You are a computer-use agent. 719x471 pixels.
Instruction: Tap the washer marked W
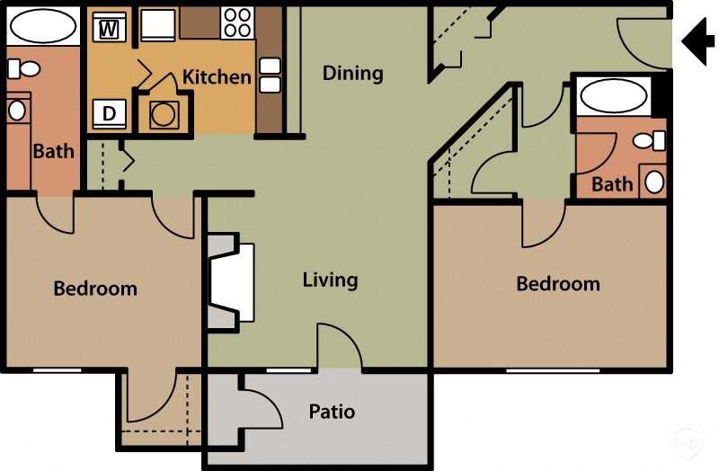click(109, 27)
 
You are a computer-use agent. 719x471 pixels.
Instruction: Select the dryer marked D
click(109, 114)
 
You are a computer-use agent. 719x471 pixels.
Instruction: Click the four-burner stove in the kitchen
click(236, 22)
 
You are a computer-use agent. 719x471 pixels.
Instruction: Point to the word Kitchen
click(217, 76)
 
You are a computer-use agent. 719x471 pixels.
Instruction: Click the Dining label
click(352, 73)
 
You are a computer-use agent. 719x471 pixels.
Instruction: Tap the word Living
click(330, 280)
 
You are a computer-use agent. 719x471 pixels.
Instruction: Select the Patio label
click(332, 412)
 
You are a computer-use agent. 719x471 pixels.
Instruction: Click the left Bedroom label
click(95, 289)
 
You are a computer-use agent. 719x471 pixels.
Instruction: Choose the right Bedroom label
click(557, 284)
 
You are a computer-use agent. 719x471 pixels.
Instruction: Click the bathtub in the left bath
click(42, 27)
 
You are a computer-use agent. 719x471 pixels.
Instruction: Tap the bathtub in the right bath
click(612, 94)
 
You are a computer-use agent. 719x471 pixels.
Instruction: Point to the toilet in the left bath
click(26, 68)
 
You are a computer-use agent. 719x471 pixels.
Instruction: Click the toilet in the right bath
click(648, 140)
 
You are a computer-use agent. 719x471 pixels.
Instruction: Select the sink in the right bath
click(653, 182)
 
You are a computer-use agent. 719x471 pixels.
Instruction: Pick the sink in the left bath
click(17, 110)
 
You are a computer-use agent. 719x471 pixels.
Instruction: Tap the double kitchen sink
click(270, 76)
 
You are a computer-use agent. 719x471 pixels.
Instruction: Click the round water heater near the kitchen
click(164, 115)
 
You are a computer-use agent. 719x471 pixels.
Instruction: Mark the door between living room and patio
click(340, 349)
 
